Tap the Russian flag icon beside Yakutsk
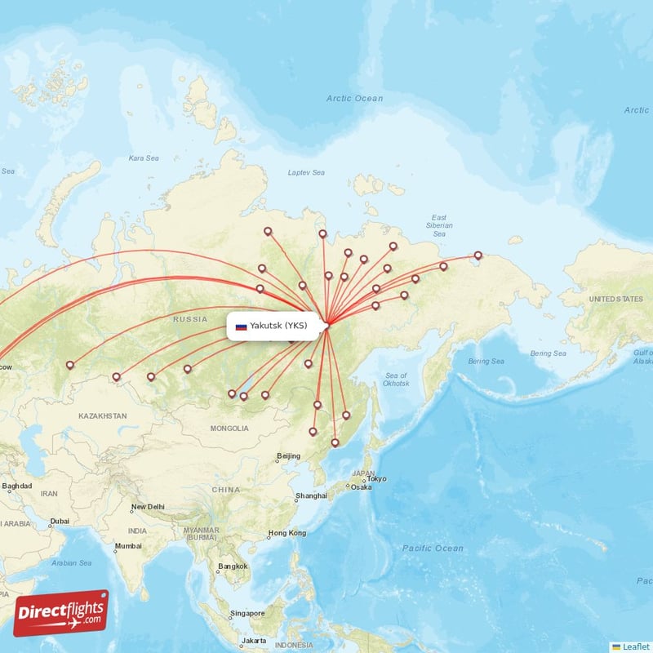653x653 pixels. (x=241, y=326)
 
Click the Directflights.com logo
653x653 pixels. (x=61, y=613)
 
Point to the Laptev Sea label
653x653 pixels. (x=306, y=172)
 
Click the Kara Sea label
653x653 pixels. (x=143, y=158)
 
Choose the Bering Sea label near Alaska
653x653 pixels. (x=548, y=353)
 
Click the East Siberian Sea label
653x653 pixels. (x=439, y=225)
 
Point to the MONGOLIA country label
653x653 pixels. (x=229, y=429)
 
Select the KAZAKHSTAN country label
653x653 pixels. (x=103, y=415)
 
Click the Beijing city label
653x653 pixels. (x=289, y=455)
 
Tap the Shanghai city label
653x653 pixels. (x=312, y=495)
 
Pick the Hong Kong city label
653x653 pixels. (x=290, y=533)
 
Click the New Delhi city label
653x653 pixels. (x=148, y=507)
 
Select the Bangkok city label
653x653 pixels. (x=232, y=566)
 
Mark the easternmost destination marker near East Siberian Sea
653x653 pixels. (x=478, y=255)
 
